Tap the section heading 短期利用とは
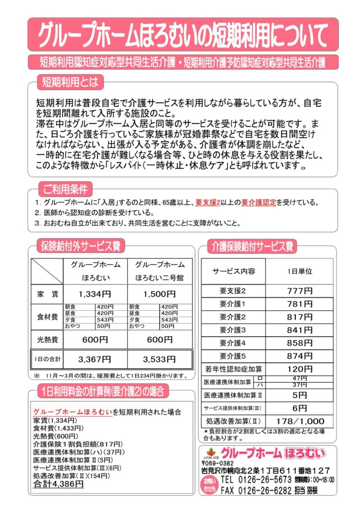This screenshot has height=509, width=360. click(x=70, y=81)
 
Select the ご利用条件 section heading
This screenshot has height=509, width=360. click(x=65, y=189)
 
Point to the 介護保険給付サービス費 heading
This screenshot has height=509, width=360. click(x=252, y=246)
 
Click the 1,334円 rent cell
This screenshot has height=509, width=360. click(x=95, y=294)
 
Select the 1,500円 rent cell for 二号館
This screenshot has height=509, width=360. click(x=159, y=294)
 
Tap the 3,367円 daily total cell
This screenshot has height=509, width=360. click(x=95, y=359)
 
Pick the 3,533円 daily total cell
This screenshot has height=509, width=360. click(x=159, y=359)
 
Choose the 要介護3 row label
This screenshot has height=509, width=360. click(x=233, y=330)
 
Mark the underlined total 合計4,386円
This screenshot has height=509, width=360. click(x=58, y=483)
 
